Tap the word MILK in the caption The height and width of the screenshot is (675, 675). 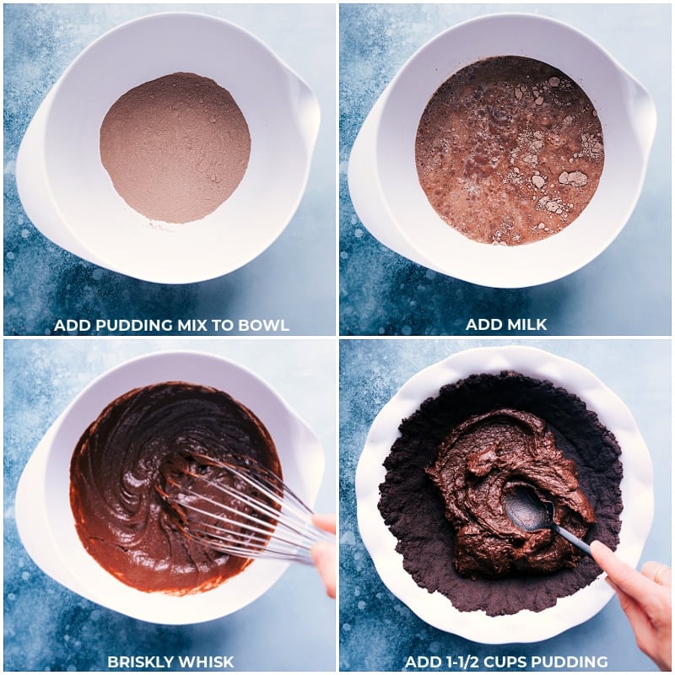pos(529,325)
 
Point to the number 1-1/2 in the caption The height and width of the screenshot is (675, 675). pos(469,661)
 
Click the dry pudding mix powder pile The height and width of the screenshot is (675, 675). pos(175,148)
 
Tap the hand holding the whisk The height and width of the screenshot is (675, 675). pos(324,548)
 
